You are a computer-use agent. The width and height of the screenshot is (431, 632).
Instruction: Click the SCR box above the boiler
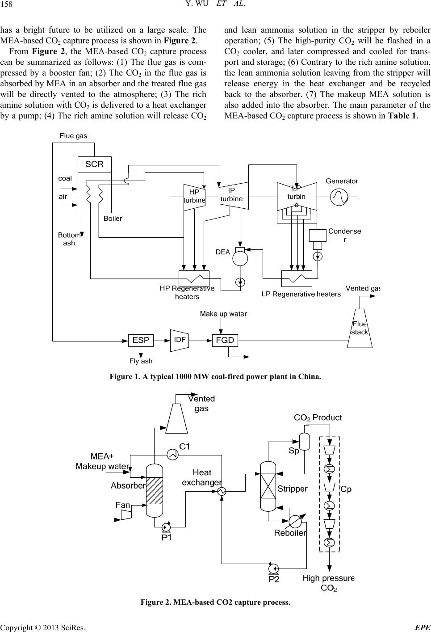coord(94,164)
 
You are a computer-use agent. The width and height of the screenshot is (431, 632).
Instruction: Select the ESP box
coord(141,340)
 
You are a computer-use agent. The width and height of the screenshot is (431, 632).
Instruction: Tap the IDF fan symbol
coord(180,340)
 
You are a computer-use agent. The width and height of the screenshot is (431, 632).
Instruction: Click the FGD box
coord(225,340)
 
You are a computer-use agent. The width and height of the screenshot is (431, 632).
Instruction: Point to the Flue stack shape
coord(360,328)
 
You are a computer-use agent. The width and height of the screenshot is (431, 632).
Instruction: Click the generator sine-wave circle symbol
coord(339,197)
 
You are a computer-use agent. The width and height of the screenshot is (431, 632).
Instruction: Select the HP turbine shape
coord(194,197)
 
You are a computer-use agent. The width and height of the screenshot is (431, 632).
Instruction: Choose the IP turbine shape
coord(234,195)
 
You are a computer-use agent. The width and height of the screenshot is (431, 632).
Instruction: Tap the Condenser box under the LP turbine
coord(318,235)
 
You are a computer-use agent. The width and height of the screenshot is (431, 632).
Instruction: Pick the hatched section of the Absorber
coord(155,490)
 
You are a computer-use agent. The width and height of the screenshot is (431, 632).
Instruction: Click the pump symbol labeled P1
coord(165,527)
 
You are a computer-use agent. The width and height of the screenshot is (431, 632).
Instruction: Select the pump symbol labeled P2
coord(273,568)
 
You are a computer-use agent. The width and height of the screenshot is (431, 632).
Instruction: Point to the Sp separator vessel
coord(304,442)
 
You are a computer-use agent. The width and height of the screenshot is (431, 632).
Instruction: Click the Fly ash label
coord(141,361)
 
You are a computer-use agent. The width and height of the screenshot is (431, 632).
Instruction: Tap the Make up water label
coord(223,314)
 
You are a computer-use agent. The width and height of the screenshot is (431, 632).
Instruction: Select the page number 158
coord(7,4)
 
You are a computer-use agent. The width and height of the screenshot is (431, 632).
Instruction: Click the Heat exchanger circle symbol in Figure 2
coord(222,492)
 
